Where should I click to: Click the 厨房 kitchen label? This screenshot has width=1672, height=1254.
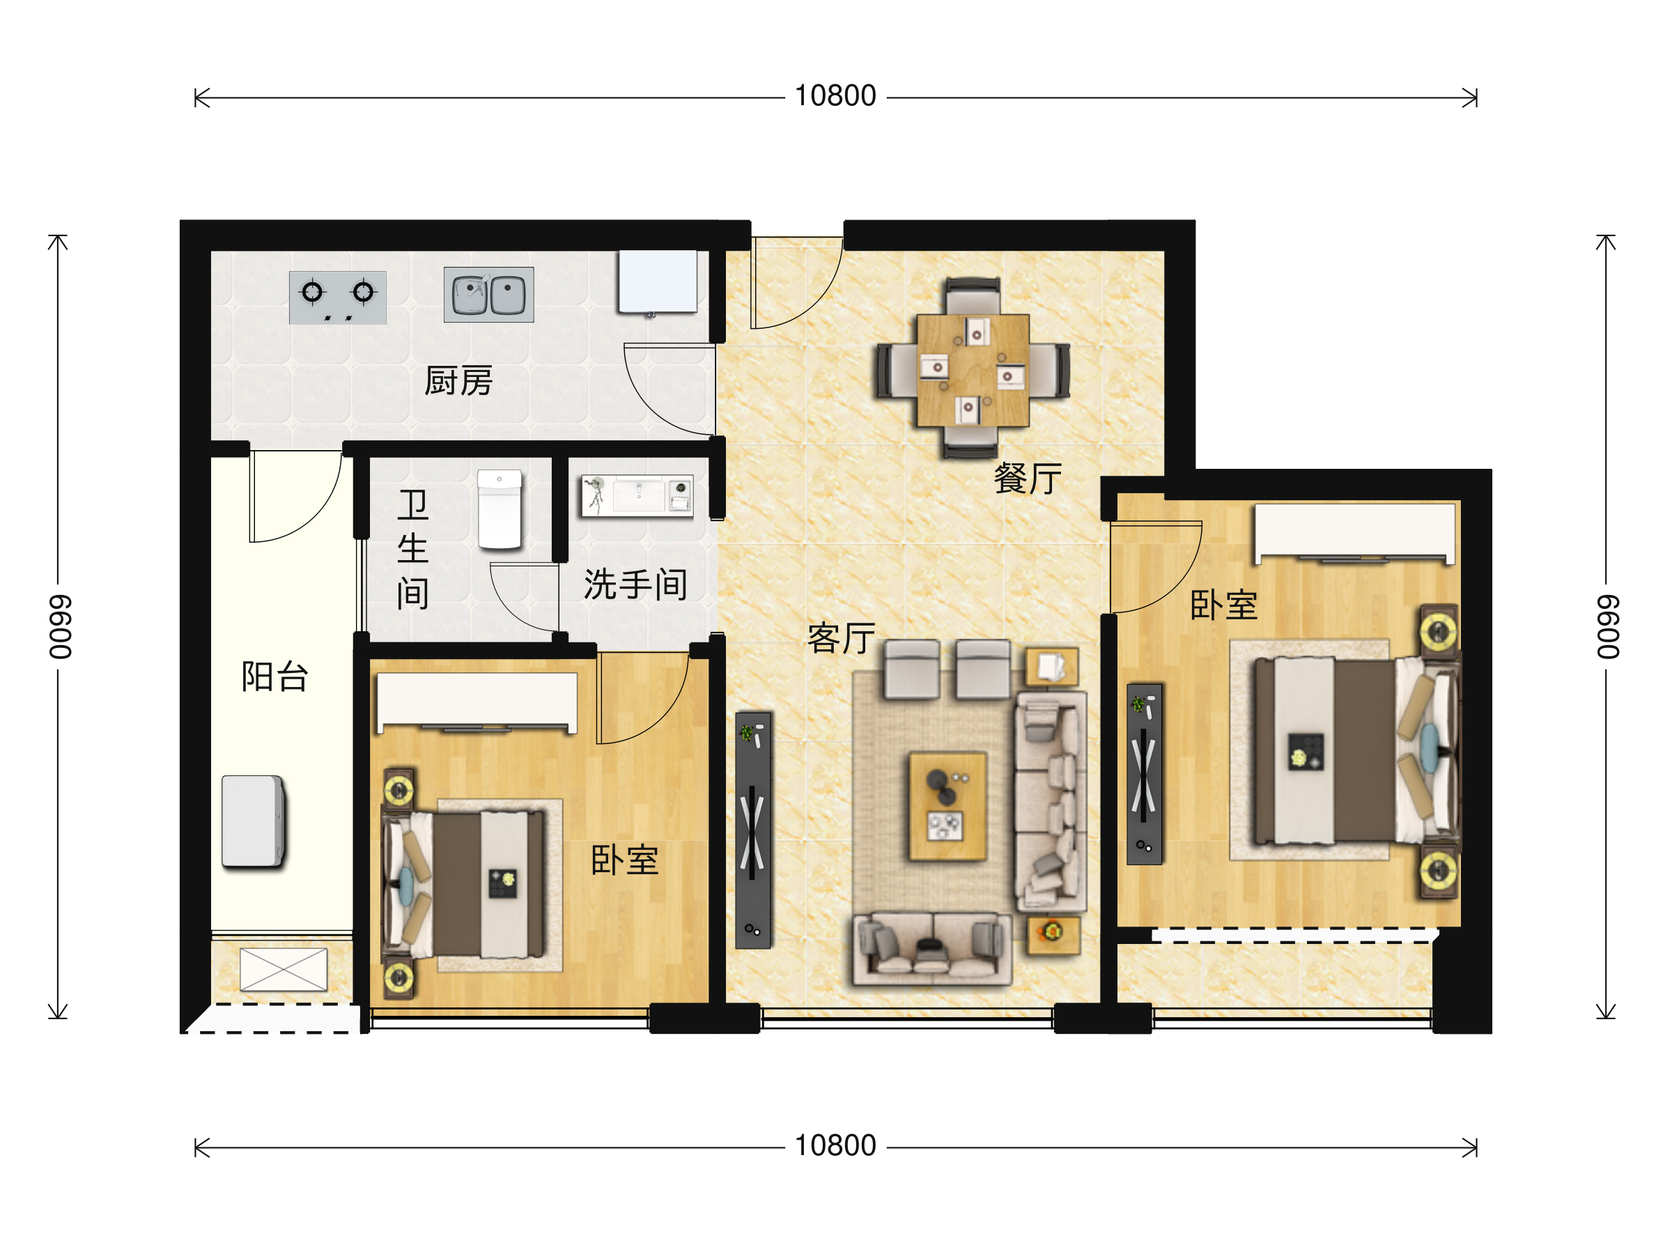[458, 381]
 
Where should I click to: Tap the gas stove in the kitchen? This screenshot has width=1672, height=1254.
[338, 297]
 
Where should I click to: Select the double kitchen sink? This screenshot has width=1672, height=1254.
[488, 295]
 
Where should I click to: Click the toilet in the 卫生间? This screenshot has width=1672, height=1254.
[500, 509]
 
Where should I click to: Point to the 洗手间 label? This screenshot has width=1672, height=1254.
[635, 585]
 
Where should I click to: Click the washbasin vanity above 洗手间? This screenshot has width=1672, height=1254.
[637, 496]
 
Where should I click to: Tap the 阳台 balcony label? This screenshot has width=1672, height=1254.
[274, 676]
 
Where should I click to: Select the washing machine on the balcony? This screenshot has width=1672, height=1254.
[253, 821]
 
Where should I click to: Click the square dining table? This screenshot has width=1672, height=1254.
[973, 371]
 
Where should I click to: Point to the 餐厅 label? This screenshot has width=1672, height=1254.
[1028, 479]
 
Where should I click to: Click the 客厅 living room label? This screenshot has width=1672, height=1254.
[842, 639]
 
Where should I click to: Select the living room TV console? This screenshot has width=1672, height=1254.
[754, 830]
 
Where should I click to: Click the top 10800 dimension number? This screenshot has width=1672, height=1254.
[835, 96]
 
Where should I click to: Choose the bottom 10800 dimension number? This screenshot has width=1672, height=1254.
[835, 1146]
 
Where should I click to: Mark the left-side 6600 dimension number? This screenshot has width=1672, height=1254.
[60, 626]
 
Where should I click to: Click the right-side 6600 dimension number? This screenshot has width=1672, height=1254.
[1608, 626]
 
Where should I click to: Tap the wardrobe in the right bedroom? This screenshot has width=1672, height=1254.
[1355, 533]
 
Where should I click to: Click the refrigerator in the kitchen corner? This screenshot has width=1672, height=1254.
[658, 281]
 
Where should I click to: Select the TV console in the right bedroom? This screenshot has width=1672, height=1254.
[1145, 774]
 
